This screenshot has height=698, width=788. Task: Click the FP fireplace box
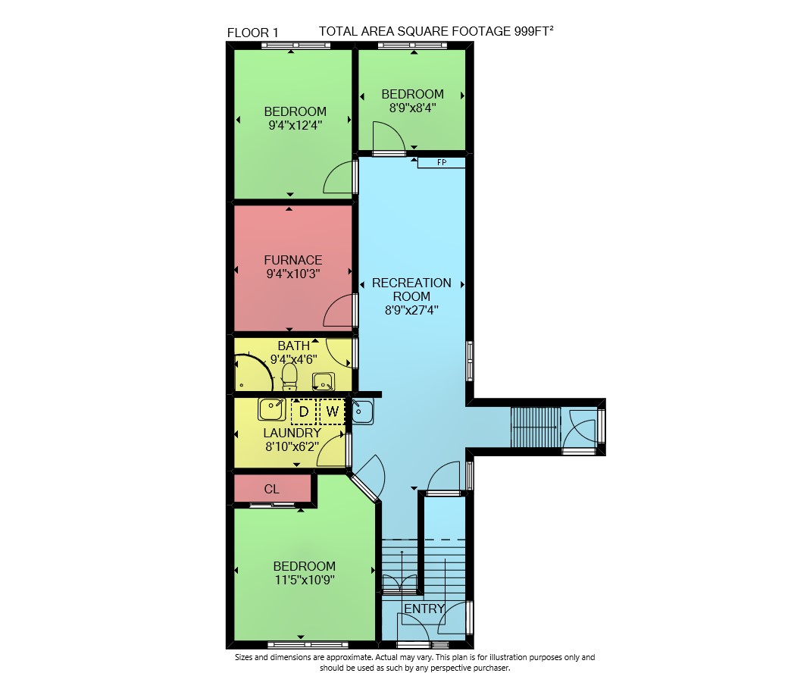pyautogui.click(x=441, y=162)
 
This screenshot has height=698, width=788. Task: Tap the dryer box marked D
pyautogui.click(x=304, y=412)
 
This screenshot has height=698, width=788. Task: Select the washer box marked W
pyautogui.click(x=332, y=412)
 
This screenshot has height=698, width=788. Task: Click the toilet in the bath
pyautogui.click(x=289, y=377)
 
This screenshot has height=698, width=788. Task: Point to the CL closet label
pyautogui.click(x=272, y=489)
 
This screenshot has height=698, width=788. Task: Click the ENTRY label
pyautogui.click(x=424, y=609)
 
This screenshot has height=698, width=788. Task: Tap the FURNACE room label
pyautogui.click(x=293, y=260)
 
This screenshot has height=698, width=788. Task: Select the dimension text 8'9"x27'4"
pyautogui.click(x=411, y=310)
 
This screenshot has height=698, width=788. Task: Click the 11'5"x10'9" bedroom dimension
pyautogui.click(x=305, y=580)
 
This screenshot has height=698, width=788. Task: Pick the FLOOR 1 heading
pyautogui.click(x=253, y=33)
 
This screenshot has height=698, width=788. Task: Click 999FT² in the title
pyautogui.click(x=533, y=30)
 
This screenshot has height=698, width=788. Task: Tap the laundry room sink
pyautogui.click(x=272, y=409)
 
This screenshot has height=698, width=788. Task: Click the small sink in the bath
pyautogui.click(x=323, y=381)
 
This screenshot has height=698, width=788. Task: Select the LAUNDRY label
pyautogui.click(x=292, y=433)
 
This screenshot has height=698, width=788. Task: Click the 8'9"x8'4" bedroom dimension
pyautogui.click(x=413, y=108)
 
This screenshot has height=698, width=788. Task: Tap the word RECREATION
pyautogui.click(x=411, y=283)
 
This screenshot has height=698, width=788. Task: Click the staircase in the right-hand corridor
pyautogui.click(x=535, y=427)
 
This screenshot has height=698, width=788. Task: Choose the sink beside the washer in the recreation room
pyautogui.click(x=362, y=412)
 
